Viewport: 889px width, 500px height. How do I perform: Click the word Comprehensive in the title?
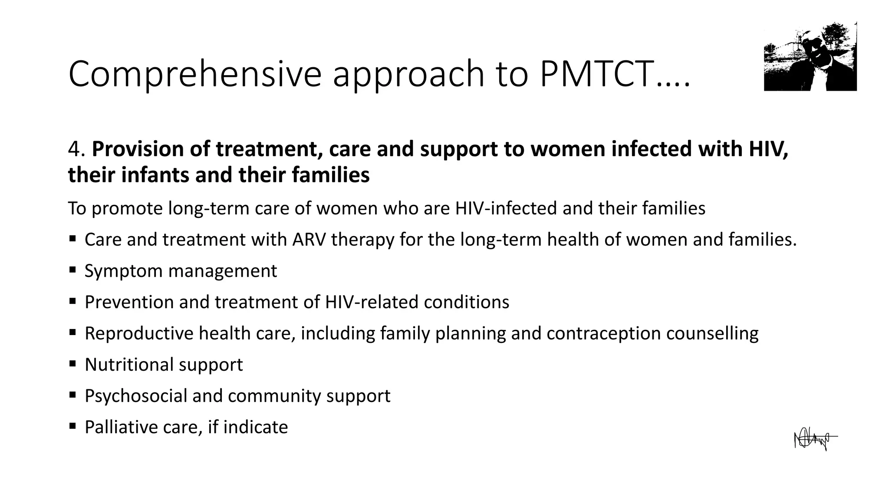click(x=195, y=75)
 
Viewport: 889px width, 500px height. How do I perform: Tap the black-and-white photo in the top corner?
click(x=810, y=56)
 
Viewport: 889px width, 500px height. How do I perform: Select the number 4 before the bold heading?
click(x=75, y=149)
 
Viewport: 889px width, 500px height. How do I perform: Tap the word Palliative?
click(x=121, y=427)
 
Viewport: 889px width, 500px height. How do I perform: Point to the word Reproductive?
click(x=139, y=334)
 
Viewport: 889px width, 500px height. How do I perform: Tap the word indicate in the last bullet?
click(x=256, y=427)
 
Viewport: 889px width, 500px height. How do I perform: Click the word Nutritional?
click(x=129, y=365)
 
